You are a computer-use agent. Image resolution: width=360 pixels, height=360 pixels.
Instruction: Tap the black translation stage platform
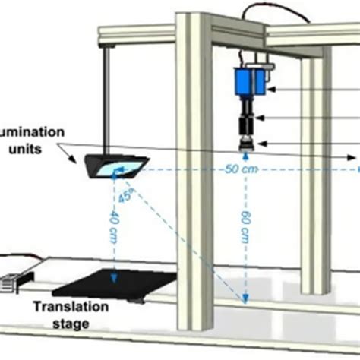click(114, 284)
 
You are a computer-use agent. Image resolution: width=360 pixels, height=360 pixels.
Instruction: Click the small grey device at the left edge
click(11, 282)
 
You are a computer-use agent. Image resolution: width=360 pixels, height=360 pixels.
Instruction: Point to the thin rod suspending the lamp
click(106, 99)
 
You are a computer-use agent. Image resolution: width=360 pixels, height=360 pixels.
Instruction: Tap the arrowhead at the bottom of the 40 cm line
click(114, 275)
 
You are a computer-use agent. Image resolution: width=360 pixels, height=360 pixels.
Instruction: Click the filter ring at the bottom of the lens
click(248, 144)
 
